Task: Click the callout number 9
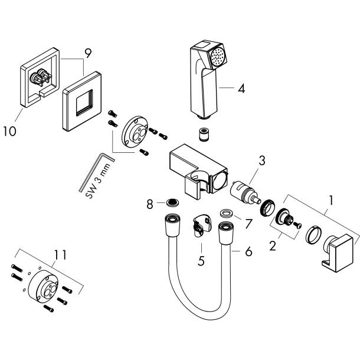87,53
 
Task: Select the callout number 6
248,251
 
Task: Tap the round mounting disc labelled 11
45,286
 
